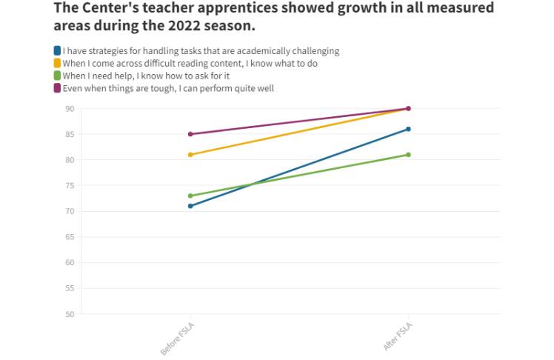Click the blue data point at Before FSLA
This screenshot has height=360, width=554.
point(190,206)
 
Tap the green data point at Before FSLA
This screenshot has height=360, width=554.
point(190,196)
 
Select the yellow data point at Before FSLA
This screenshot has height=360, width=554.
point(190,155)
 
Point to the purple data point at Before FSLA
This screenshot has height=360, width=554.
point(190,134)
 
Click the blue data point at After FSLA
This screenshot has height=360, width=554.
point(408,129)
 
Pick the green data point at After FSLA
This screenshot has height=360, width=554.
point(408,155)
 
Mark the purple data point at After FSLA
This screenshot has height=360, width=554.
point(408,109)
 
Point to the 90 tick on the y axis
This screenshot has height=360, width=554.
point(70,109)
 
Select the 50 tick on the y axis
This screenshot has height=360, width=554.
point(70,314)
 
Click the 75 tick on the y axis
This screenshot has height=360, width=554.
point(70,186)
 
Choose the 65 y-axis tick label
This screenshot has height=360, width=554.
point(70,237)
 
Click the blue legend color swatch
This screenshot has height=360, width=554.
point(57,51)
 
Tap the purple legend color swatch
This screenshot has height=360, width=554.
point(57,89)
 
